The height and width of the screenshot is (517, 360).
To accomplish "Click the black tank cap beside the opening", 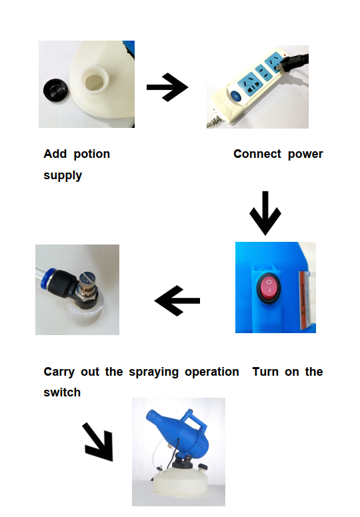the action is [x=55, y=91].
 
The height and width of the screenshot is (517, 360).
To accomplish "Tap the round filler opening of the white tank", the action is [x=95, y=81].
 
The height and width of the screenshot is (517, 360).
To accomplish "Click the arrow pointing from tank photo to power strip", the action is [x=167, y=87].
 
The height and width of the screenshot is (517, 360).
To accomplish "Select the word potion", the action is [x=92, y=154].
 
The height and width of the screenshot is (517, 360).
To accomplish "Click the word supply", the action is [x=63, y=175].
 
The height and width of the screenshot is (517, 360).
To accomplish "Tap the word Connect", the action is [x=257, y=154].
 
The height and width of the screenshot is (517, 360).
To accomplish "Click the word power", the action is [x=305, y=155].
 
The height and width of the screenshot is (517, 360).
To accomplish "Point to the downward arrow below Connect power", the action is [x=265, y=213].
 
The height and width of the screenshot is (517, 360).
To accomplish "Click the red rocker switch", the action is [x=269, y=286].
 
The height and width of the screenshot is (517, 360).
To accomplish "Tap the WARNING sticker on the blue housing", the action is [x=306, y=300].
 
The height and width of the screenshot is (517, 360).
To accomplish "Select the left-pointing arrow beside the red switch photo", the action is [x=177, y=300].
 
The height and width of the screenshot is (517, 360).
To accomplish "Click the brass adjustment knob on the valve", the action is [x=87, y=283].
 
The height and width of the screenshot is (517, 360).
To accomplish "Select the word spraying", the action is [x=154, y=372].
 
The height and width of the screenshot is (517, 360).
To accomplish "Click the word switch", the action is [x=62, y=392].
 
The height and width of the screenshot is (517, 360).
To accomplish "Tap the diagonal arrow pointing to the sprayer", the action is [x=98, y=442].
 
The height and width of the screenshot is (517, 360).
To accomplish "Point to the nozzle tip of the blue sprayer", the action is [x=151, y=415].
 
